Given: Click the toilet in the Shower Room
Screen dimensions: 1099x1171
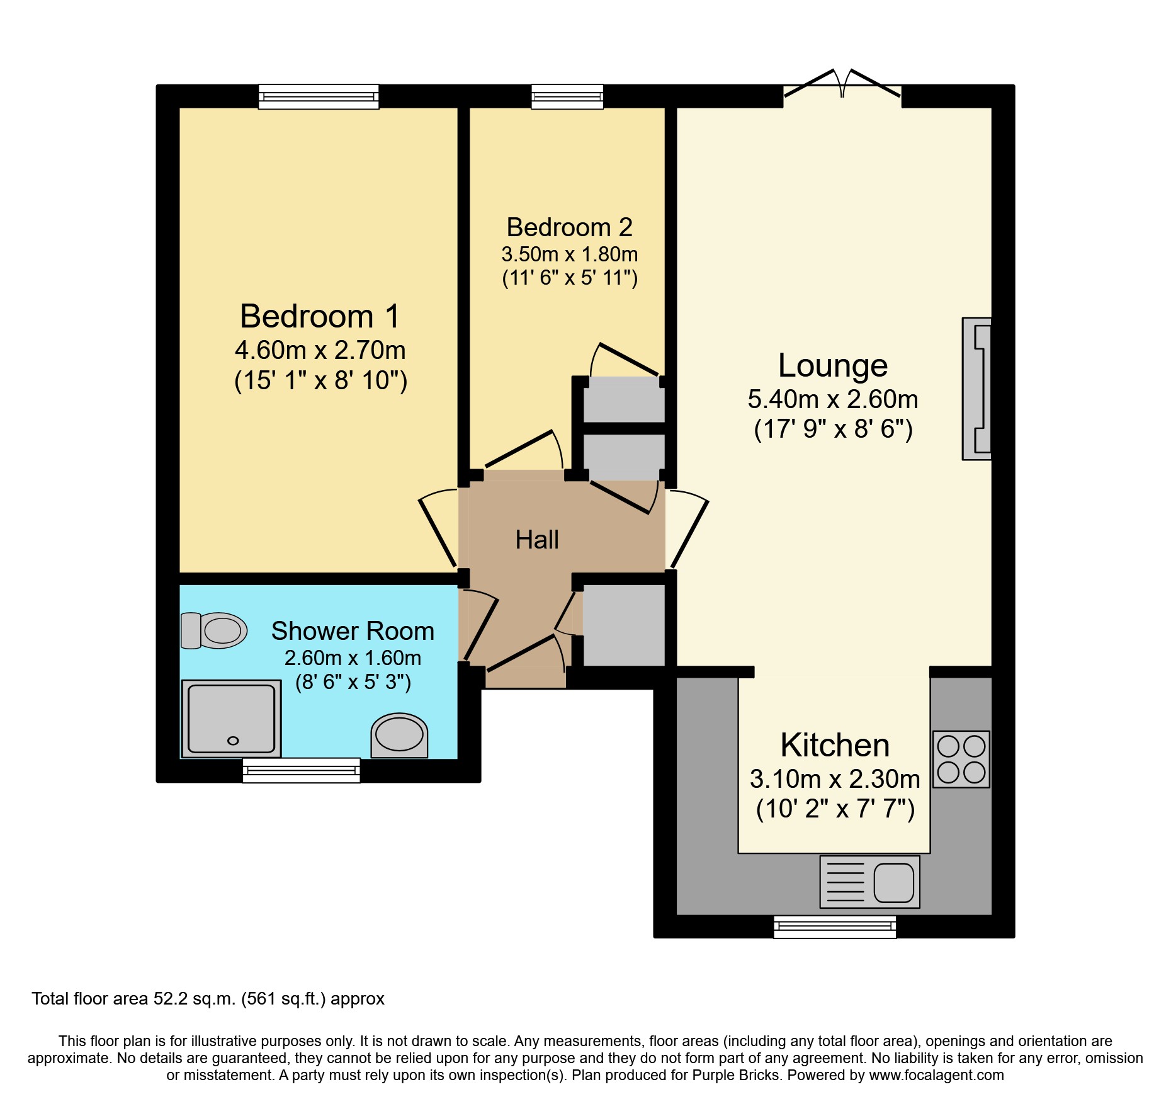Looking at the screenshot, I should [x=214, y=630].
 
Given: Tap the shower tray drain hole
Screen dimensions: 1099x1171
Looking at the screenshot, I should [x=233, y=741].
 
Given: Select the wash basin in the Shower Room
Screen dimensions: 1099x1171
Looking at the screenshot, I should [x=399, y=735].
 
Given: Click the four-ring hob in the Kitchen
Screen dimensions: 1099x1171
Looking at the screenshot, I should [x=961, y=760].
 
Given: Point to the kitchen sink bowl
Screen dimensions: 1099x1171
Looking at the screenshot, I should [x=893, y=882].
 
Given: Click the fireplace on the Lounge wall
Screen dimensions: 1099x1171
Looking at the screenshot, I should [x=977, y=389].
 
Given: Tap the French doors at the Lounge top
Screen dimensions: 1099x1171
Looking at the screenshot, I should [x=842, y=88].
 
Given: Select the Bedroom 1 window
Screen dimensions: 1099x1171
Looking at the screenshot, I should [x=319, y=97].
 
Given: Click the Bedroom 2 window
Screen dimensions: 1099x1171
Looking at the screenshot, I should [x=567, y=97].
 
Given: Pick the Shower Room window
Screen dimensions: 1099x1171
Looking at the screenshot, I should [x=302, y=770].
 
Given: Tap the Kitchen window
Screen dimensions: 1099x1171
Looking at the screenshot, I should [x=835, y=926].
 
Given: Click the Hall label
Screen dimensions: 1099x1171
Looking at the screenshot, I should [x=537, y=540].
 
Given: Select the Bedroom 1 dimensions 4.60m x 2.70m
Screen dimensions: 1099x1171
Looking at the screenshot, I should [x=320, y=351].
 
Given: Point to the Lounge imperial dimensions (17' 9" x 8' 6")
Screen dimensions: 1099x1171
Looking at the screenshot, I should [x=833, y=430].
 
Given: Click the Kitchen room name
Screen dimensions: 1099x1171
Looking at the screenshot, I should [x=835, y=746].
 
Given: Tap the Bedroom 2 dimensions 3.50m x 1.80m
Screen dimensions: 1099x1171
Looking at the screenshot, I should [x=569, y=254].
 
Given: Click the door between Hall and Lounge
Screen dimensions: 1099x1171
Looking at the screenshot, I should [x=688, y=532].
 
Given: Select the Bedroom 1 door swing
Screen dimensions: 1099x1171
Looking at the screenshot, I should [x=438, y=528].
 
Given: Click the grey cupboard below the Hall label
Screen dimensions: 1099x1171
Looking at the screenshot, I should [x=623, y=625].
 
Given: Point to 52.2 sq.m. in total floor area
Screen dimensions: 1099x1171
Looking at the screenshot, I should [x=195, y=999].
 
